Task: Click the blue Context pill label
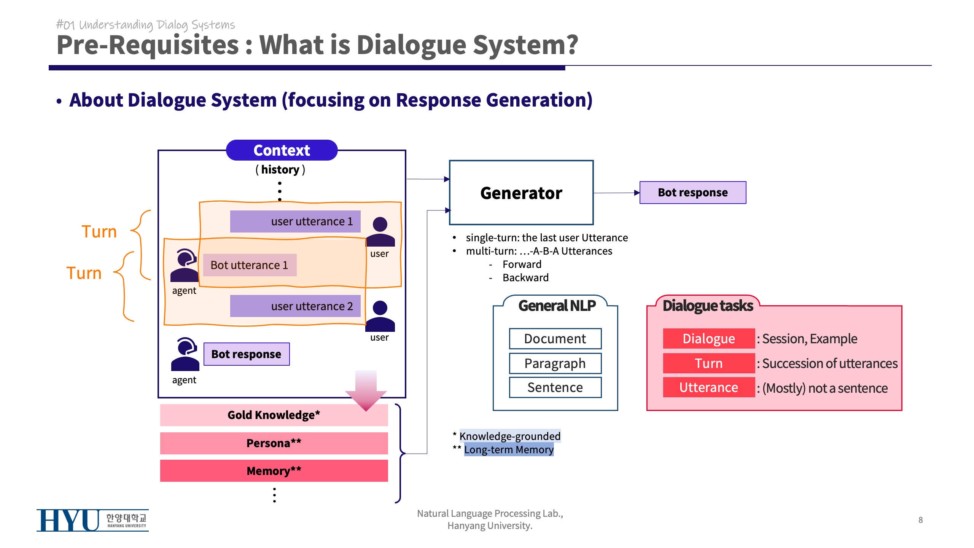point(282,150)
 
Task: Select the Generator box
point(521,193)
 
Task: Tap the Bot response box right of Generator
point(692,193)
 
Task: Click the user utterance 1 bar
point(295,221)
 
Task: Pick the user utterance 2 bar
point(295,306)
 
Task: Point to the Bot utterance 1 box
point(250,265)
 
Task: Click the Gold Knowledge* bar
point(274,415)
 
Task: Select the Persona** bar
point(274,443)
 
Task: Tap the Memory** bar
point(274,471)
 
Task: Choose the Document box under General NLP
point(555,339)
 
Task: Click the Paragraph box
point(555,363)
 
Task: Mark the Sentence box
point(555,387)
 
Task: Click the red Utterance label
point(708,387)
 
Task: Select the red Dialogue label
point(708,339)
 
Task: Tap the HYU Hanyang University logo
point(92,520)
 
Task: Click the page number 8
point(920,520)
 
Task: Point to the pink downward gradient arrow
point(366,390)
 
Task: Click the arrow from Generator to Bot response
point(616,193)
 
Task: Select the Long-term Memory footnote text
point(509,450)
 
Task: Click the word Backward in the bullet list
point(525,278)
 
